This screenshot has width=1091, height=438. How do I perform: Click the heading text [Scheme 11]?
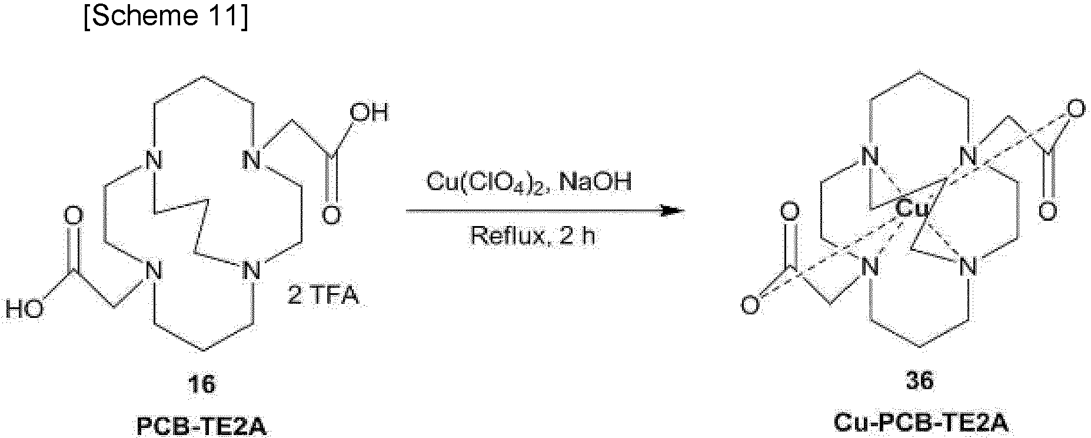pyautogui.click(x=166, y=18)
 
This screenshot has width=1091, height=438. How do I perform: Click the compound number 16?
pyautogui.click(x=201, y=384)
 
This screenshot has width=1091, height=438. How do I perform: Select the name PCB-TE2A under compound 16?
pyautogui.click(x=201, y=426)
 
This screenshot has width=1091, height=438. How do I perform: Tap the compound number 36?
pyautogui.click(x=920, y=380)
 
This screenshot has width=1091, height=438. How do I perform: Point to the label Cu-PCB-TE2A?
pyautogui.click(x=920, y=424)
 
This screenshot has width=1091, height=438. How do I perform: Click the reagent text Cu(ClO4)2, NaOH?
pyautogui.click(x=528, y=182)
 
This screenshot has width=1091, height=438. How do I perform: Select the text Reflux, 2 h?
pyautogui.click(x=533, y=236)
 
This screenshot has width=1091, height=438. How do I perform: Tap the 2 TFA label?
pyautogui.click(x=323, y=295)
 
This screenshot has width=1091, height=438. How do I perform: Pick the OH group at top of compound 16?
pyautogui.click(x=369, y=112)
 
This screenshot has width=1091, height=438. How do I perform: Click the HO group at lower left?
pyautogui.click(x=25, y=308)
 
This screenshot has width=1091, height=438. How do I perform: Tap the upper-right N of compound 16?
pyautogui.click(x=252, y=160)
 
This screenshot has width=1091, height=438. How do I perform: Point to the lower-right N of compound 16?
pyautogui.click(x=252, y=271)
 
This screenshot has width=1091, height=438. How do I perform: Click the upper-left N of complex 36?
pyautogui.click(x=870, y=157)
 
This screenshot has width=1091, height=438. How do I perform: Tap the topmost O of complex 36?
pyautogui.click(x=1077, y=109)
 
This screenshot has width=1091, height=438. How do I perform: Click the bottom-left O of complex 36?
pyautogui.click(x=749, y=306)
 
